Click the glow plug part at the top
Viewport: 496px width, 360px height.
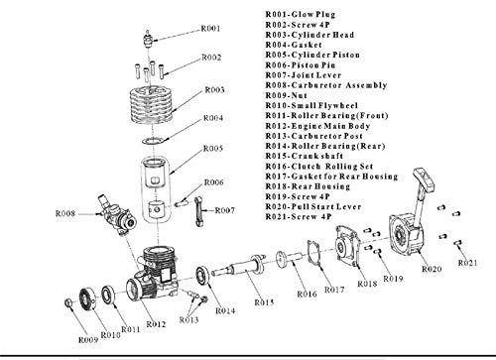tap(148, 39)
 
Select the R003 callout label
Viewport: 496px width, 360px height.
tap(215, 90)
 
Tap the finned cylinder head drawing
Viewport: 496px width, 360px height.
tap(152, 106)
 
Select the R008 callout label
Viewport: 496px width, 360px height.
tap(65, 213)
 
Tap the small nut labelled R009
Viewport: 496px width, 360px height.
tap(68, 302)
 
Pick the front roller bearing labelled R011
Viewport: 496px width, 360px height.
tap(108, 295)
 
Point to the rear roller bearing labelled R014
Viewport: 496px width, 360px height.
tap(202, 275)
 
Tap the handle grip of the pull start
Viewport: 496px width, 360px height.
tap(425, 178)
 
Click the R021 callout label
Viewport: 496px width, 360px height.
tap(468, 263)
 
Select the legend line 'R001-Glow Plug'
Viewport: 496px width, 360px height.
tap(301, 15)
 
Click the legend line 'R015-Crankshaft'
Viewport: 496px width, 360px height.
tap(305, 156)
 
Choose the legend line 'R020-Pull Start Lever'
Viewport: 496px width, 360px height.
tap(313, 207)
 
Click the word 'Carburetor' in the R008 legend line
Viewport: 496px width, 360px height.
tap(316, 85)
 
